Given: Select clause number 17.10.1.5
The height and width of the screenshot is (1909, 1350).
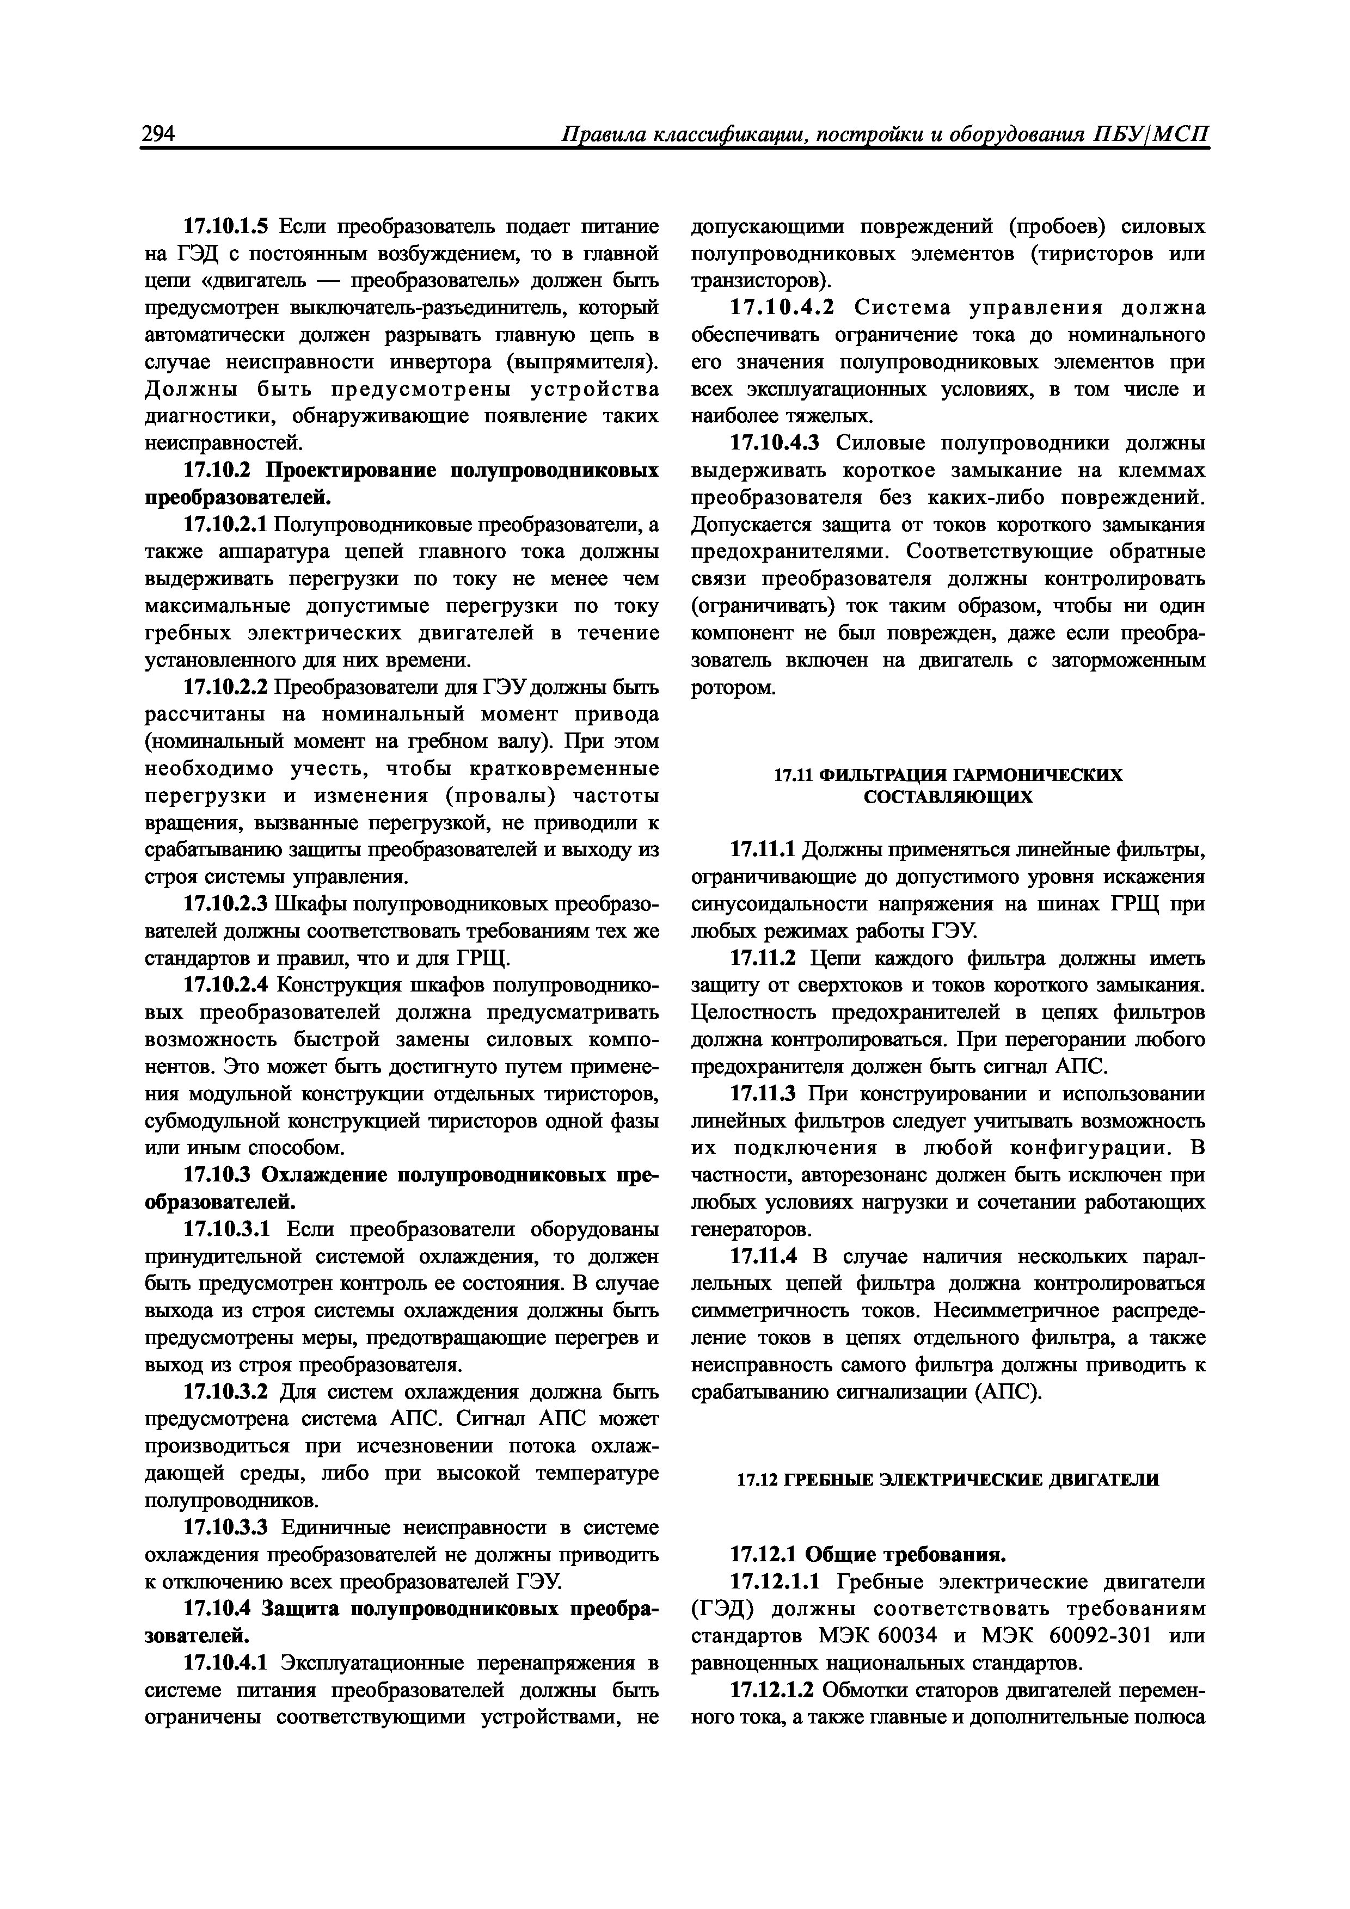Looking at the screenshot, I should coord(226,226).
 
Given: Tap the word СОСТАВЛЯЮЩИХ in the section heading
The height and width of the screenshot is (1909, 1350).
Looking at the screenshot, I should coord(948,797).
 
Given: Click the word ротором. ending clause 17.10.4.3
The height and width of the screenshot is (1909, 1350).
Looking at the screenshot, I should coord(733,688).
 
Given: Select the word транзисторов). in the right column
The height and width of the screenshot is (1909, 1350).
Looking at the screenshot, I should coord(760,281).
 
